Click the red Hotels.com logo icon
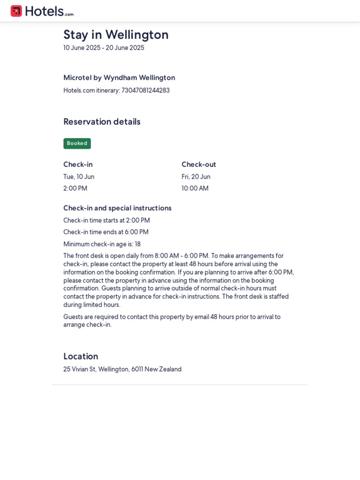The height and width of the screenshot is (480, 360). tap(16, 11)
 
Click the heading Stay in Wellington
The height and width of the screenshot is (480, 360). tap(116, 35)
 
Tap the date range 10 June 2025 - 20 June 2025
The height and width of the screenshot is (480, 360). tap(104, 48)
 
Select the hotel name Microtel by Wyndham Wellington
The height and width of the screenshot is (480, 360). tap(119, 78)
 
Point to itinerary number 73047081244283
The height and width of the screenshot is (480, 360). tap(145, 90)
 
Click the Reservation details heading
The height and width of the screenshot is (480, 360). tap(102, 122)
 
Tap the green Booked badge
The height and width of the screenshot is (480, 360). tap(77, 143)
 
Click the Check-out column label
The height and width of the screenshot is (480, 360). tap(199, 165)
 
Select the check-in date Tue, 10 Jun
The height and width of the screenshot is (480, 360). tap(79, 177)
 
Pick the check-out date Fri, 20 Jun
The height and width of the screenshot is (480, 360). tap(196, 177)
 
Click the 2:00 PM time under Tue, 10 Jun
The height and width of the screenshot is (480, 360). tap(75, 188)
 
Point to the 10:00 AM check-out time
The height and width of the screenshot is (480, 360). tap(195, 188)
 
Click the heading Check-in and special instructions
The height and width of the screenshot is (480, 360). tap(117, 208)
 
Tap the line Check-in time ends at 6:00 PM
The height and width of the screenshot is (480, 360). tap(106, 232)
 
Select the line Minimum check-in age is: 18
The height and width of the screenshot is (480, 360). tap(102, 244)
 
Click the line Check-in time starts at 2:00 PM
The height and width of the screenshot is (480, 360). tap(106, 220)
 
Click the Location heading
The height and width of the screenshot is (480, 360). tap(81, 356)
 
